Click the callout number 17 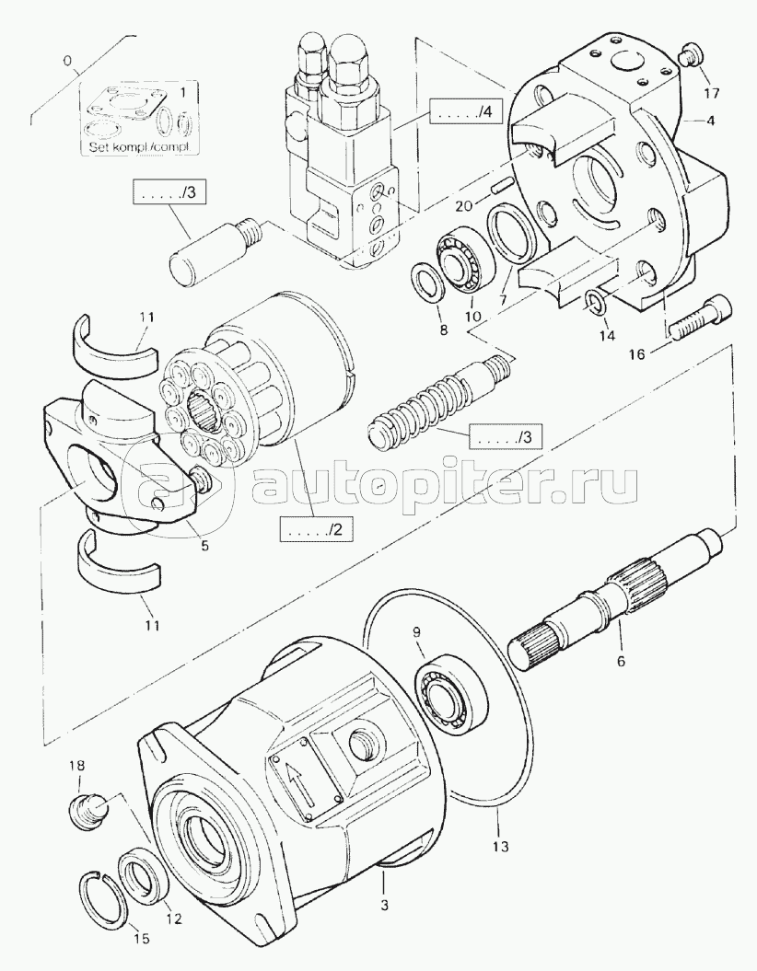712,93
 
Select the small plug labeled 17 691,57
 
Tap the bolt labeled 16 698,317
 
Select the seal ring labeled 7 510,231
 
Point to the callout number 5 204,546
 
